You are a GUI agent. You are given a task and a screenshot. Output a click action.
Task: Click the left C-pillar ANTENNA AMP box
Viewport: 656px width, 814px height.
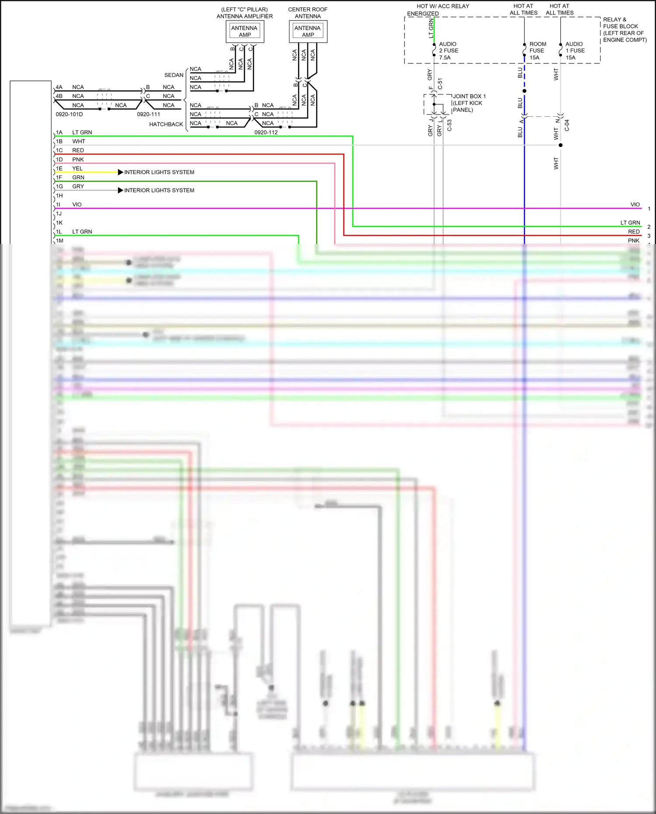click(x=245, y=31)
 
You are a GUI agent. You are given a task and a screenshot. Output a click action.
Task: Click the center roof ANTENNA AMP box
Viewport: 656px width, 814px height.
click(x=308, y=31)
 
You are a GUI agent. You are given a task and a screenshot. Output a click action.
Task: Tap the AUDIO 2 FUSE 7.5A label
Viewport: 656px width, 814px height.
click(x=449, y=51)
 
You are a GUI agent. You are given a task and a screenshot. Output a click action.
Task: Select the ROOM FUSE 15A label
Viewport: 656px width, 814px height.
click(x=537, y=51)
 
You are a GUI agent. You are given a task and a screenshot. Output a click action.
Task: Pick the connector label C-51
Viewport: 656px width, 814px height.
click(x=440, y=84)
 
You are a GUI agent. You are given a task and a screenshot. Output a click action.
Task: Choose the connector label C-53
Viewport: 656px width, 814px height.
click(x=449, y=126)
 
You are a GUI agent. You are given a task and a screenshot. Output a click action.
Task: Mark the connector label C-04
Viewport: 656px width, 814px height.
click(x=567, y=126)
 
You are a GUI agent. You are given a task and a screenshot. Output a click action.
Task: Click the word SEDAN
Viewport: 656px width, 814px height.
click(x=174, y=75)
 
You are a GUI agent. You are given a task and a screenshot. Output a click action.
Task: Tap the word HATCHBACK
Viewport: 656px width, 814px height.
click(x=166, y=124)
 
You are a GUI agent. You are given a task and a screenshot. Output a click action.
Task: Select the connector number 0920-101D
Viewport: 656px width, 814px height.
click(x=69, y=114)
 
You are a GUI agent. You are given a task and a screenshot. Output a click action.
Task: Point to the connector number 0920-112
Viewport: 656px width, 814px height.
click(x=266, y=132)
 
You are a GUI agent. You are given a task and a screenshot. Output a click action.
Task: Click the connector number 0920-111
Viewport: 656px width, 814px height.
click(x=148, y=114)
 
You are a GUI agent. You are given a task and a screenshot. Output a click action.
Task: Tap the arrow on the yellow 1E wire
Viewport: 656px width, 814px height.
click(x=120, y=172)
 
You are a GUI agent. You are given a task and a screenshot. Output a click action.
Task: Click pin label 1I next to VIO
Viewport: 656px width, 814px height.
click(x=58, y=205)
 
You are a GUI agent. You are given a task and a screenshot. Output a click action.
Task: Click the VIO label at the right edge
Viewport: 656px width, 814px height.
click(x=635, y=205)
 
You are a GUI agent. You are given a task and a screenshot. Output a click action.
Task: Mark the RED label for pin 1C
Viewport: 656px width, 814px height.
click(x=78, y=150)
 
